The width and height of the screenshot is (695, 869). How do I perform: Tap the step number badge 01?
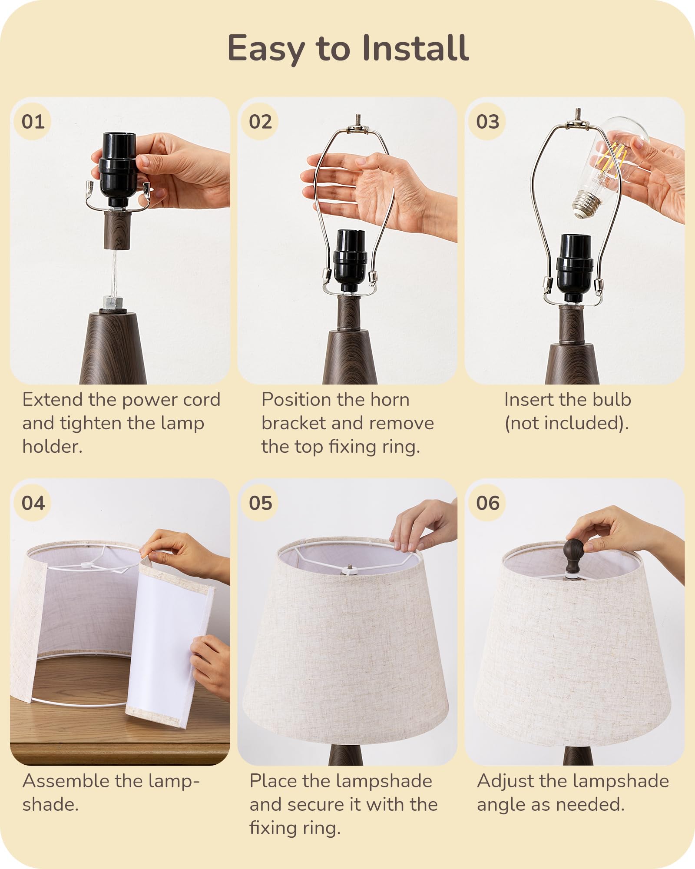pyautogui.click(x=33, y=122)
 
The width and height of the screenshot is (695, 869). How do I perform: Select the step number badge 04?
pyautogui.click(x=33, y=503)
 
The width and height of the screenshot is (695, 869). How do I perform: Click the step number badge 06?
pyautogui.click(x=487, y=503)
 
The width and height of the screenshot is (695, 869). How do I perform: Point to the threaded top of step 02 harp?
pyautogui.click(x=358, y=119)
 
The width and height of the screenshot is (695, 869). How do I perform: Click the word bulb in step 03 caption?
pyautogui.click(x=612, y=400)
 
